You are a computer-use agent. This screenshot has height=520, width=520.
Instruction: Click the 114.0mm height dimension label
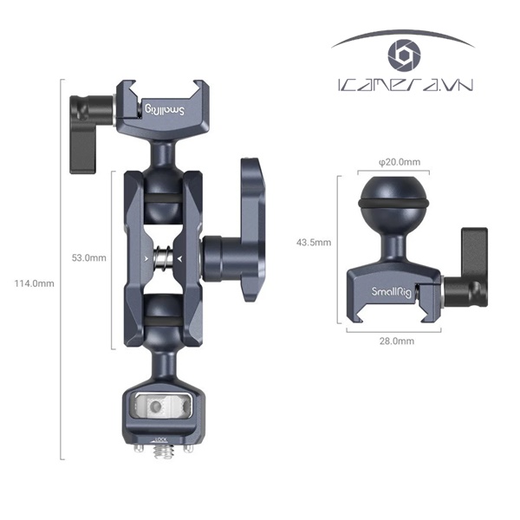[x=35, y=283]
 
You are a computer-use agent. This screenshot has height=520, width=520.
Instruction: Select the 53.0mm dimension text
[x=88, y=257]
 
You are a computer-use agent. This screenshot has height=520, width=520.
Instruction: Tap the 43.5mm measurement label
[x=315, y=244]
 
